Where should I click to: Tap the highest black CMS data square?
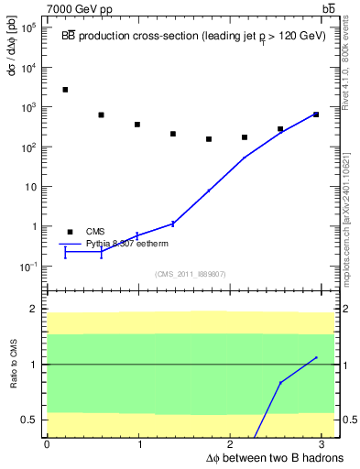click(x=65, y=90)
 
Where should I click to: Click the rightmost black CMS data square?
click(x=315, y=115)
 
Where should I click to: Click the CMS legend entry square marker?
click(x=70, y=232)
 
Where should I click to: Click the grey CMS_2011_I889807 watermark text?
click(x=190, y=274)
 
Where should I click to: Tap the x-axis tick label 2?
click(x=232, y=443)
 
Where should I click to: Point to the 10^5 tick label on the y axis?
click(x=28, y=27)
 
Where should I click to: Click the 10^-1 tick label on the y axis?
click(x=28, y=267)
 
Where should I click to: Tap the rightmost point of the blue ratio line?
click(x=315, y=357)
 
